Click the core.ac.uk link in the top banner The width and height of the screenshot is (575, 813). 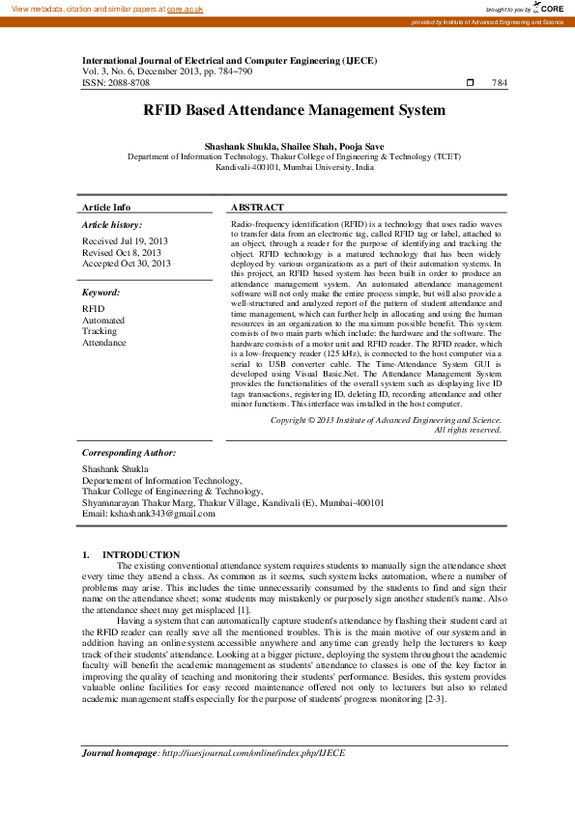[185, 8]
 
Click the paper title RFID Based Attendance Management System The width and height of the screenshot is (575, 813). [294, 110]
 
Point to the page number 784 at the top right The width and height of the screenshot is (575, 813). [499, 83]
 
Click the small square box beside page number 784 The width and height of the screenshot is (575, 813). [470, 83]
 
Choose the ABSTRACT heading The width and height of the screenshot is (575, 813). [258, 208]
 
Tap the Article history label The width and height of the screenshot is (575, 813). [112, 224]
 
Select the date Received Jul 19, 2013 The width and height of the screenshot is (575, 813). [125, 240]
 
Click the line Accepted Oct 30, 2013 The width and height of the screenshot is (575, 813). [127, 263]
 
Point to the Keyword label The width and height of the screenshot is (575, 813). [101, 292]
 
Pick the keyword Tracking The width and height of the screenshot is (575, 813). [100, 331]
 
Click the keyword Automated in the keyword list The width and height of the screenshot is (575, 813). [103, 320]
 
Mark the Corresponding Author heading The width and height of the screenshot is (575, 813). [129, 452]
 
